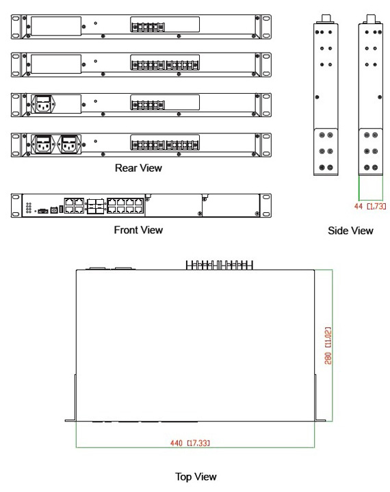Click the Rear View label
point(138,168)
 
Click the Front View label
point(138,230)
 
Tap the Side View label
point(350,231)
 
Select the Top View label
point(196,477)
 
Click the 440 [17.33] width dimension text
point(190,443)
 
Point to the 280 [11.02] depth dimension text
point(328,346)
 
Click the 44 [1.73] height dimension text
point(370,206)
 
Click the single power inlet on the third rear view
point(44,104)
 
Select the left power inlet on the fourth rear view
point(44,144)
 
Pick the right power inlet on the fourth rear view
point(70,144)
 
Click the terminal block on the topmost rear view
point(148,27)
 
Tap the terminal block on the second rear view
point(165,65)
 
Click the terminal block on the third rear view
point(148,105)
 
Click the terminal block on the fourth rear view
point(165,145)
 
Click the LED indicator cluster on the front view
point(29,208)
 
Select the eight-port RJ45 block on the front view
point(125,206)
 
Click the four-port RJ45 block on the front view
point(75,206)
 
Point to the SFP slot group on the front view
point(96,206)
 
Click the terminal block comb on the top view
point(220,265)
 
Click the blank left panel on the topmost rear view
point(56,26)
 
